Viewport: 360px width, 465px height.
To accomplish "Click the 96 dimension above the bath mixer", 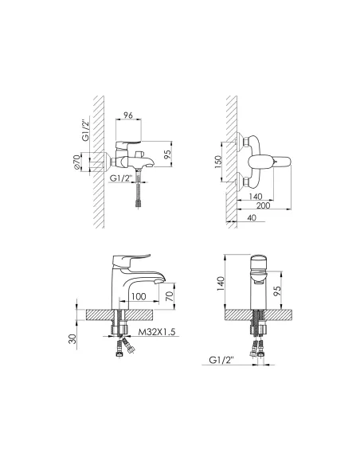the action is (128, 115).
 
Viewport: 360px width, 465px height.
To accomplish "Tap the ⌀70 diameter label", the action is (76, 162).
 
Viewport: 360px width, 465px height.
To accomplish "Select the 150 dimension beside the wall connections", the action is (218, 162).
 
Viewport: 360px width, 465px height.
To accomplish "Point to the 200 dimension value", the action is (263, 205).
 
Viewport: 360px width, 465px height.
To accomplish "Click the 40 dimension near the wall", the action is (251, 217).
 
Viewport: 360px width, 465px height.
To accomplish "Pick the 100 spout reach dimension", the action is (139, 296).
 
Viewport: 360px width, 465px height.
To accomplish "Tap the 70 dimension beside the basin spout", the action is (170, 296).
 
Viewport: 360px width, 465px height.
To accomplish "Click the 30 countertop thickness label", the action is (72, 338).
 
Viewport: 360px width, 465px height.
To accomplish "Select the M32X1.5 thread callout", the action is (157, 332).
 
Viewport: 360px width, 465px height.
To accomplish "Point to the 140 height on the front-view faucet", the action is (221, 283).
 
